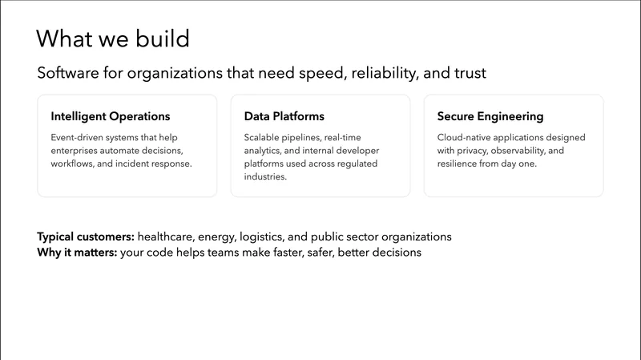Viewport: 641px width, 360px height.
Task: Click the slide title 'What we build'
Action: (112, 38)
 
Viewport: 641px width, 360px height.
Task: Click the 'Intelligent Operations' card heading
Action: (111, 116)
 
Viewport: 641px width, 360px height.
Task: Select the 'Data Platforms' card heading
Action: (284, 116)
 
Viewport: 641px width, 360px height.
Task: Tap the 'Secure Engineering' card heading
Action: (490, 116)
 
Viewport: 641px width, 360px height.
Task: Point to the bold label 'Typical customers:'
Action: (86, 237)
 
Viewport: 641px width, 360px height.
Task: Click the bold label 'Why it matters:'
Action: (77, 253)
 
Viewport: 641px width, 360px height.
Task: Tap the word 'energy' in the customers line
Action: (220, 237)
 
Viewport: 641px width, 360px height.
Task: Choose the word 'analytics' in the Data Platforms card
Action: (264, 151)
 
